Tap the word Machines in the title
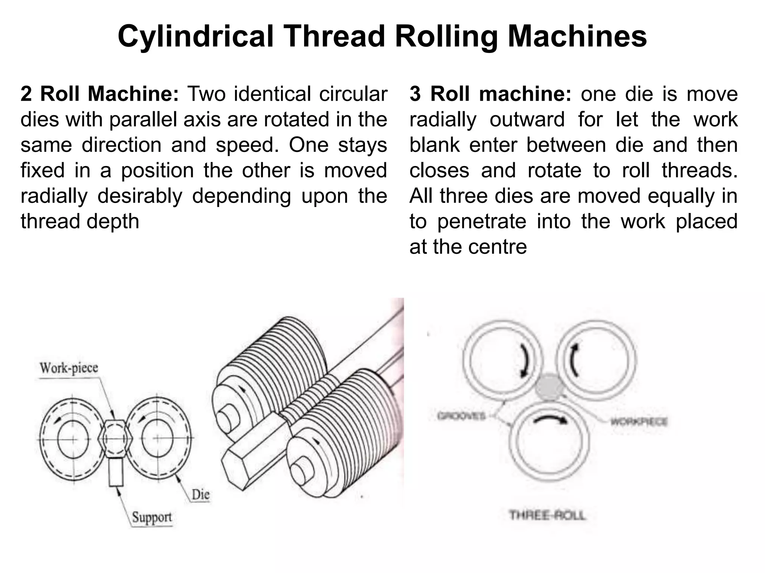[577, 37]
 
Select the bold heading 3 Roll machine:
[490, 94]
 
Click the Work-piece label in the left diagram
[69, 368]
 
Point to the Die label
[200, 495]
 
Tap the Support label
[152, 517]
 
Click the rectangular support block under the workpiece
[116, 472]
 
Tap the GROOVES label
[461, 416]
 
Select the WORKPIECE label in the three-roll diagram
[639, 422]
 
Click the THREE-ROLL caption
[547, 516]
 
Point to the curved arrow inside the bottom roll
[550, 419]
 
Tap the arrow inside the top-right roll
[574, 360]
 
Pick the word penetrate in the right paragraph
[481, 222]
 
